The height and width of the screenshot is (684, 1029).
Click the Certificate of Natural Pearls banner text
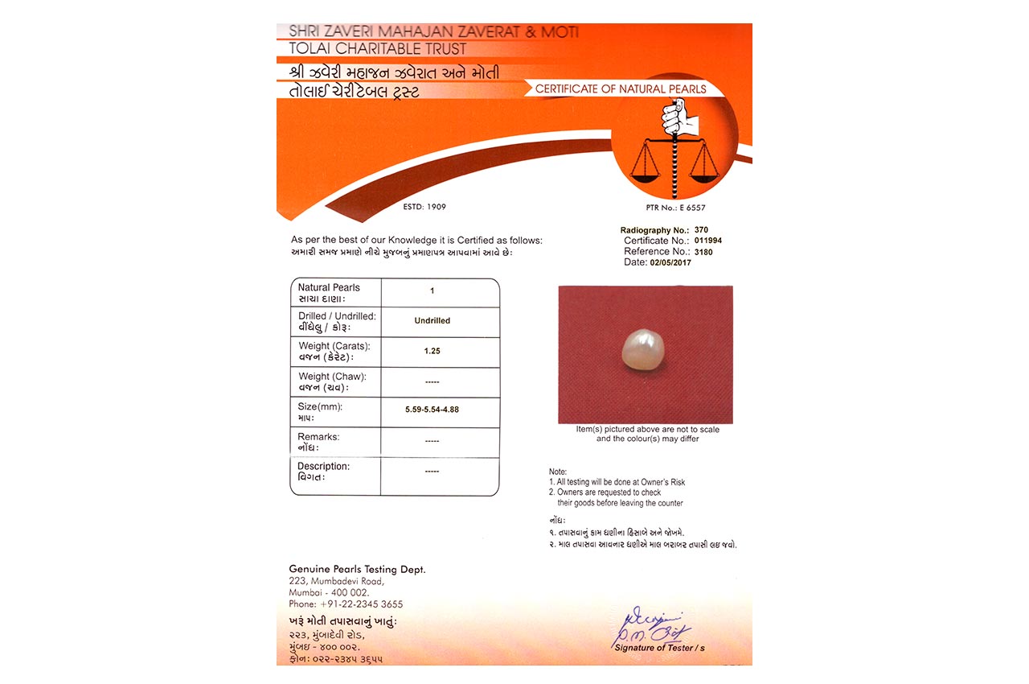[x=621, y=89]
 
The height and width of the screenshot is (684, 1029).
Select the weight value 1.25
[x=433, y=351]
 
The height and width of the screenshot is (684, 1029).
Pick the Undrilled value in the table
[x=433, y=320]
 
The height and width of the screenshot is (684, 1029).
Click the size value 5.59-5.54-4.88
[x=433, y=410]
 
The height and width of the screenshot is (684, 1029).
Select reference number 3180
[x=681, y=252]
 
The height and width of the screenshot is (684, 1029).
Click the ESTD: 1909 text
[x=424, y=207]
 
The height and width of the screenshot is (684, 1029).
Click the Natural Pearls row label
[x=329, y=287]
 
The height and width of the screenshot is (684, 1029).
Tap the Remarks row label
[x=318, y=437]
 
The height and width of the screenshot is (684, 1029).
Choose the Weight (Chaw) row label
[x=332, y=376]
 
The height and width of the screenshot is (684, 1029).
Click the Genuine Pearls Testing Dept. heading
[x=357, y=569]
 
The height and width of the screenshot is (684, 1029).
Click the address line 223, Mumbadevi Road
[x=337, y=581]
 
